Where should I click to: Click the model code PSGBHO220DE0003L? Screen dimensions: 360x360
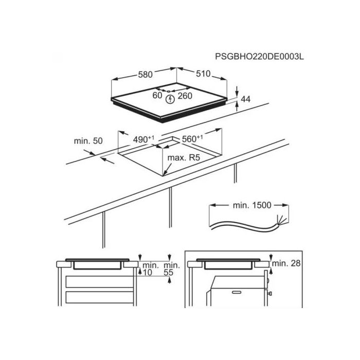point(259,57)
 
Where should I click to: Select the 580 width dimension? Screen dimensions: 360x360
point(146,75)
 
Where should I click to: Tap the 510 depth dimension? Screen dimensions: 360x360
point(203,74)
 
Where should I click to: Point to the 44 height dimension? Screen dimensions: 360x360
point(245,99)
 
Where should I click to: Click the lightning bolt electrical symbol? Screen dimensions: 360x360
point(170,99)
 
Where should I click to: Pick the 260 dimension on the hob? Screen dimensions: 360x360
point(185,96)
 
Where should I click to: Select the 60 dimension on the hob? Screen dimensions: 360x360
point(157,95)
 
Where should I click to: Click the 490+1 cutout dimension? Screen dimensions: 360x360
point(143,139)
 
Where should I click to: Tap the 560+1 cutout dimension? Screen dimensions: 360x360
point(192,139)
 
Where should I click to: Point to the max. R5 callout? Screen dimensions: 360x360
point(184,158)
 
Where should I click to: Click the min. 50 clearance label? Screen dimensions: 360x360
point(88,141)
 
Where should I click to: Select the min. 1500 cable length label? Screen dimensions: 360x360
point(252,205)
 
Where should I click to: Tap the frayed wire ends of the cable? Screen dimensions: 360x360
point(282,220)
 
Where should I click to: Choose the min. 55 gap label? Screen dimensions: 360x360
point(171,269)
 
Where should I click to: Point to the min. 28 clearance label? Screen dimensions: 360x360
point(286,263)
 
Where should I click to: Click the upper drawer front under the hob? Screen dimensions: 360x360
point(99,282)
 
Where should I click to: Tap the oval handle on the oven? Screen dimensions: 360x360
point(237,292)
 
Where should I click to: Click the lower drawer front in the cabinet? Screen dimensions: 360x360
point(99,297)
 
